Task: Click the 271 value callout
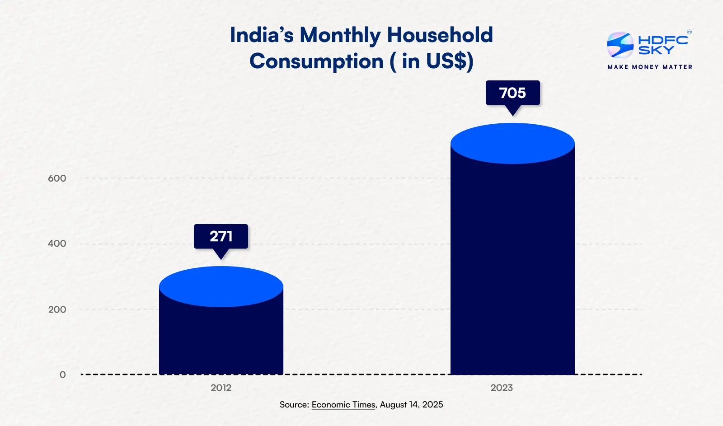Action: pos(221,236)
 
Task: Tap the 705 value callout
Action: pos(512,93)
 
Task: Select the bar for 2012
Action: pos(221,339)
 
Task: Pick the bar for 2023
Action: pos(512,271)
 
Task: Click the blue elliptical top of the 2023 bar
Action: pos(512,143)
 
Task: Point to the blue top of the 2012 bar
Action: pos(221,286)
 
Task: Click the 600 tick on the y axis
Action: pos(57,178)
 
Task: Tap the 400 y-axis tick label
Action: pos(57,243)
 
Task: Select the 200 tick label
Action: pos(57,309)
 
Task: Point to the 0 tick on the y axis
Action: pos(62,375)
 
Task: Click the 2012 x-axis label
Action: pos(221,388)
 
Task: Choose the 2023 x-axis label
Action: pos(502,388)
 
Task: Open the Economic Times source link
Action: pos(343,405)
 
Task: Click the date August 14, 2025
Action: pos(411,405)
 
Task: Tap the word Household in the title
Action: pos(440,35)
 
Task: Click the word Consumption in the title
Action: pos(316,61)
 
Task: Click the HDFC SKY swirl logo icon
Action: pos(620,45)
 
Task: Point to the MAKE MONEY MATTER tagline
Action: pos(650,67)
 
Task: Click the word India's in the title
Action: pos(262,35)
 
